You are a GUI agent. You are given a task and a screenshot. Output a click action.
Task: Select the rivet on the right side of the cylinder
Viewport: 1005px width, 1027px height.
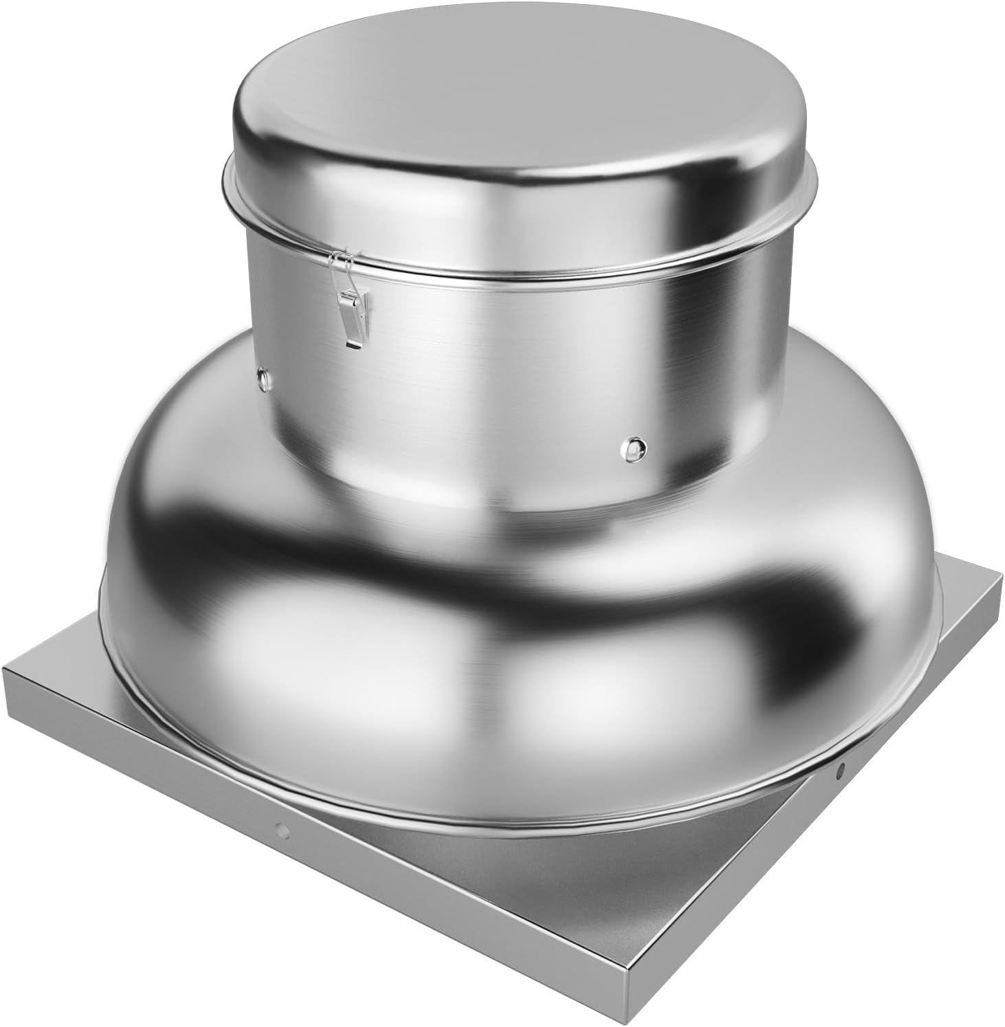pyautogui.click(x=633, y=446)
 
